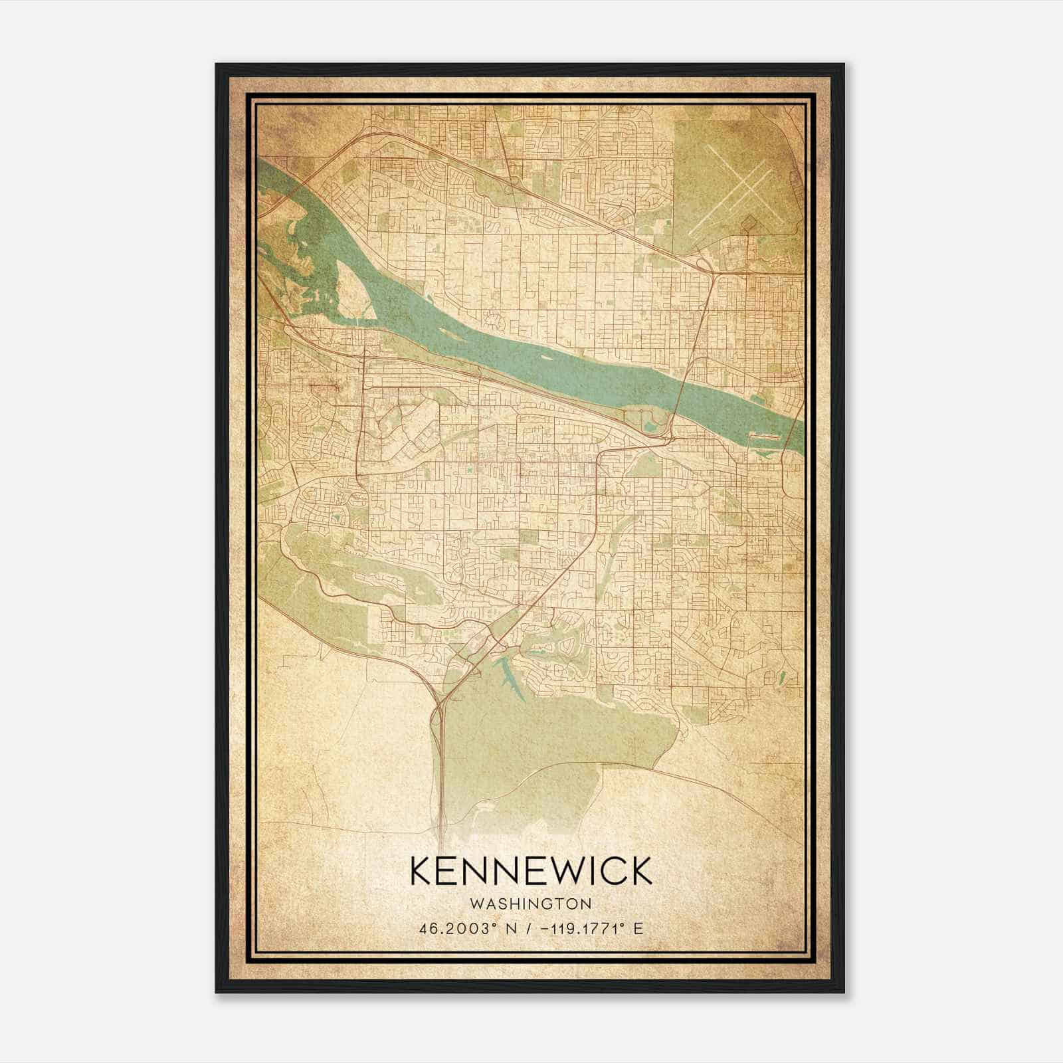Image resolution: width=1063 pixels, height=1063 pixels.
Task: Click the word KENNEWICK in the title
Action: point(531,872)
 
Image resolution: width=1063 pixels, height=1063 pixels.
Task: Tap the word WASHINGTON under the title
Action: point(531,904)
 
